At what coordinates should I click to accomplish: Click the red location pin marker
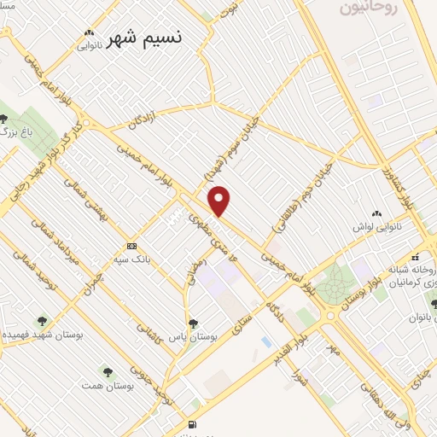click(220, 201)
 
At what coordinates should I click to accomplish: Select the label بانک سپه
click(131, 255)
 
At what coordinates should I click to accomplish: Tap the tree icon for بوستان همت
click(108, 371)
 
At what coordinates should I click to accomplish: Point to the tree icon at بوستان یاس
click(194, 323)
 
